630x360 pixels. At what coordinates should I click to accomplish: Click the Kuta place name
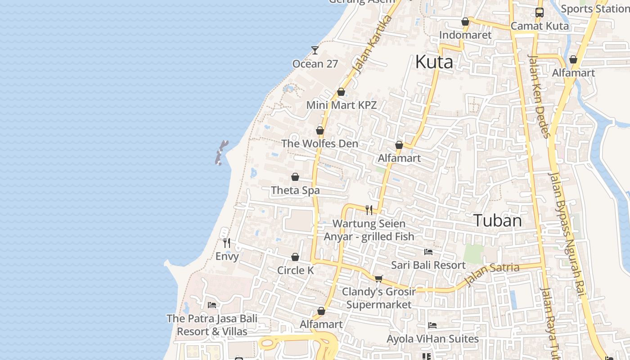[x=434, y=62]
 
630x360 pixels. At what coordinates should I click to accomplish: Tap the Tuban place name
[x=497, y=220]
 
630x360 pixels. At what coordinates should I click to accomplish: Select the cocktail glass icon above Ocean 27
[x=315, y=50]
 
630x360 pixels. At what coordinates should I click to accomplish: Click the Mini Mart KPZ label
[x=341, y=105]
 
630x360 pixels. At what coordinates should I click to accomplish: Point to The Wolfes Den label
[x=319, y=144]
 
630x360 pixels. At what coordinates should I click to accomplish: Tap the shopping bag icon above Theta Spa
[x=295, y=177]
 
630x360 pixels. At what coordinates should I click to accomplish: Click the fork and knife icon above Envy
[x=227, y=243]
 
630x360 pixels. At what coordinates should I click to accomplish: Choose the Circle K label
[x=295, y=270]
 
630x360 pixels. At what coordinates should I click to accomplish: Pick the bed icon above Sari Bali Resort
[x=428, y=252]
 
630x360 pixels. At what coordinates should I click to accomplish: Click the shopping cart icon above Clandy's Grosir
[x=378, y=279]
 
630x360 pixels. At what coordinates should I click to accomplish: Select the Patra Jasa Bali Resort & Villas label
[x=212, y=325]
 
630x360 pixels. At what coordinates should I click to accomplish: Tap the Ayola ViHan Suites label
[x=433, y=338]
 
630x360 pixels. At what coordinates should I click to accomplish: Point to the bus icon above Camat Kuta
[x=539, y=13]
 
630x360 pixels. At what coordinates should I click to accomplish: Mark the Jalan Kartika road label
[x=373, y=45]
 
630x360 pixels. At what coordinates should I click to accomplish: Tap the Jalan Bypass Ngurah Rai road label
[x=568, y=234]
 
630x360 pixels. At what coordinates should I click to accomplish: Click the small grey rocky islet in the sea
[x=221, y=153]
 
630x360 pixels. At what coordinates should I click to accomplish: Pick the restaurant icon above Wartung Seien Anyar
[x=369, y=210]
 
